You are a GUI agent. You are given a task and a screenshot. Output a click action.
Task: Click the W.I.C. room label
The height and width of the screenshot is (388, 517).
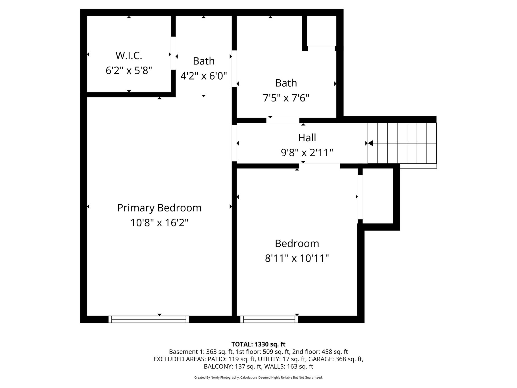click(x=129, y=55)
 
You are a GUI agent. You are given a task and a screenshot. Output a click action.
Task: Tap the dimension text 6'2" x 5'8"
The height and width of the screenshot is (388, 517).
click(x=129, y=70)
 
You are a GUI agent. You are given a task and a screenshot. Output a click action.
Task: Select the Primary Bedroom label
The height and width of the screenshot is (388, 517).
click(x=159, y=208)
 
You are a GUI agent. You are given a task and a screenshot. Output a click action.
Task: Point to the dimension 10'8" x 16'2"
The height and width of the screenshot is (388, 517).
click(x=159, y=223)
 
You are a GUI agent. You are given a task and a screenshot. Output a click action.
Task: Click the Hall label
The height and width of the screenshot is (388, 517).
click(x=307, y=138)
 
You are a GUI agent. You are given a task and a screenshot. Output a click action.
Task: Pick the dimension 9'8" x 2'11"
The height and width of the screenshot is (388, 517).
click(x=307, y=153)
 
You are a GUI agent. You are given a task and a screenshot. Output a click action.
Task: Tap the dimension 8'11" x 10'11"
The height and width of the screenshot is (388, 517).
click(x=297, y=258)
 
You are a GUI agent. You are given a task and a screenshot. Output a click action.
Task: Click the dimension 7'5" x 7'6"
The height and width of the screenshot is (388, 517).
click(x=286, y=98)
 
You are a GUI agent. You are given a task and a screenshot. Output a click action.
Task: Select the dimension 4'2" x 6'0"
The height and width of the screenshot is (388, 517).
click(x=204, y=76)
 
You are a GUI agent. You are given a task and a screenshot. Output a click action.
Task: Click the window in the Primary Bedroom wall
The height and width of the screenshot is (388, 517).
click(x=149, y=319)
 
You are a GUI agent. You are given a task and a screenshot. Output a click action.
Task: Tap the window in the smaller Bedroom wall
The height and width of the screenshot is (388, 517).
click(x=269, y=319)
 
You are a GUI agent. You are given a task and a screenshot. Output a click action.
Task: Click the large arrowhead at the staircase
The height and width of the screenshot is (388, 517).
click(x=370, y=143)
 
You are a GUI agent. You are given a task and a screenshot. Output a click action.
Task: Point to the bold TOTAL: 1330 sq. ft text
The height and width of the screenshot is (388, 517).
click(x=258, y=345)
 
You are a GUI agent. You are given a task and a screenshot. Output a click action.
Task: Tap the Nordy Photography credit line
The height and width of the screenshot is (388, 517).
click(x=258, y=377)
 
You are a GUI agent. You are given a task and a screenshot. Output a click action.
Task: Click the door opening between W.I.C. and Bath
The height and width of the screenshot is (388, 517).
click(x=173, y=53)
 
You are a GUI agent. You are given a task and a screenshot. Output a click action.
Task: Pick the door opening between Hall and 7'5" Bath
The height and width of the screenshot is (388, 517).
click(x=283, y=121)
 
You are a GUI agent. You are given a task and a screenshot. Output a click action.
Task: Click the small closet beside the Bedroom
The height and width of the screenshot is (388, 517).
click(x=378, y=196)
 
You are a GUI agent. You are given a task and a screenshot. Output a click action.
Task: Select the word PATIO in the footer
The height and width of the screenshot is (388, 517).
click(x=217, y=359)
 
